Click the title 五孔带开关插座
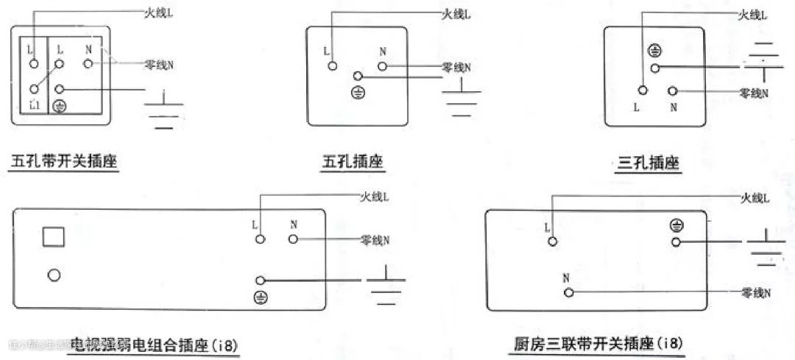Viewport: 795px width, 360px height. [65, 162]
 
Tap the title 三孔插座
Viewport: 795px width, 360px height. [649, 163]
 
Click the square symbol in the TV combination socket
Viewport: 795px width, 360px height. [54, 236]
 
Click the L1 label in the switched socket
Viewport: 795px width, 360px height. [34, 105]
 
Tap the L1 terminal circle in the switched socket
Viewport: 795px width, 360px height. [34, 89]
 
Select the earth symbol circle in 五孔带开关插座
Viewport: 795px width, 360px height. [61, 107]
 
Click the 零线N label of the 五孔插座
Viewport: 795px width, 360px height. [456, 67]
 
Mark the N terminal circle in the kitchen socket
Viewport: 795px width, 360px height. [568, 292]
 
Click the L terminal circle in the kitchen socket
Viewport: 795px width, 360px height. [553, 240]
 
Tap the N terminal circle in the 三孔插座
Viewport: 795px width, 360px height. [672, 91]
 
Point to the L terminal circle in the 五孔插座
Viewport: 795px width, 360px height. [333, 66]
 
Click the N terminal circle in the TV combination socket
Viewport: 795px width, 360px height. [293, 239]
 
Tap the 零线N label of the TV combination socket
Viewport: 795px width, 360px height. [375, 240]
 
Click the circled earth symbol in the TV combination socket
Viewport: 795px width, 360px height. [260, 297]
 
